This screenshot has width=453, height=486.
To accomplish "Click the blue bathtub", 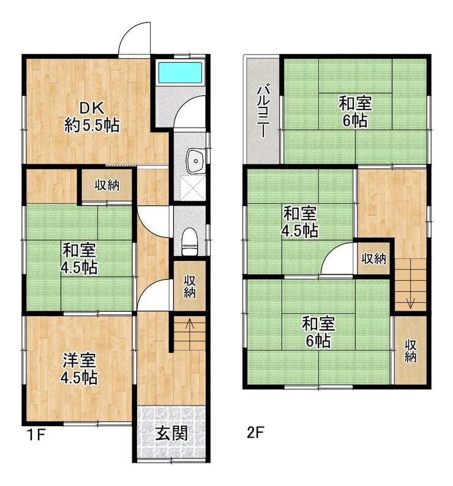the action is tap(180, 73).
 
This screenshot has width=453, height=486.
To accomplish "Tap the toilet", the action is tap(189, 241).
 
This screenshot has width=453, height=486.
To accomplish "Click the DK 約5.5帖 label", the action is tap(92, 117).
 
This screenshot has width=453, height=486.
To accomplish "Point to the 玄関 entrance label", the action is tap(171, 433).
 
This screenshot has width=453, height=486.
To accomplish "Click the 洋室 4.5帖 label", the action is tap(79, 369).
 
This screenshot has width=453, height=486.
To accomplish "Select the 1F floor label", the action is tap(37, 435).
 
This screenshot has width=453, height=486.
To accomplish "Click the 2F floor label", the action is tap(255, 432).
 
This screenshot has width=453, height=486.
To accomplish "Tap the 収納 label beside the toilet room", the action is tap(189, 286).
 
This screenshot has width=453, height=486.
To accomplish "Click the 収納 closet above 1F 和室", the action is tap(107, 185).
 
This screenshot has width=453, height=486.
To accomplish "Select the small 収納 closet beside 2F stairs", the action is tap(373, 258).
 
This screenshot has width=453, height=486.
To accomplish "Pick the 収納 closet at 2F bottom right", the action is tap(411, 350).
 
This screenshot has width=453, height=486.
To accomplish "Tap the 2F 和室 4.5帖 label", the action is tap(300, 222).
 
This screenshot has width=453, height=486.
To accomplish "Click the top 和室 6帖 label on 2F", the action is tap(355, 112).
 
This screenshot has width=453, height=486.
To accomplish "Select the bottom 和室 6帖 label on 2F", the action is tap(319, 332).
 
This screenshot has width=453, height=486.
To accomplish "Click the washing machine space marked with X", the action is tap(193, 188).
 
